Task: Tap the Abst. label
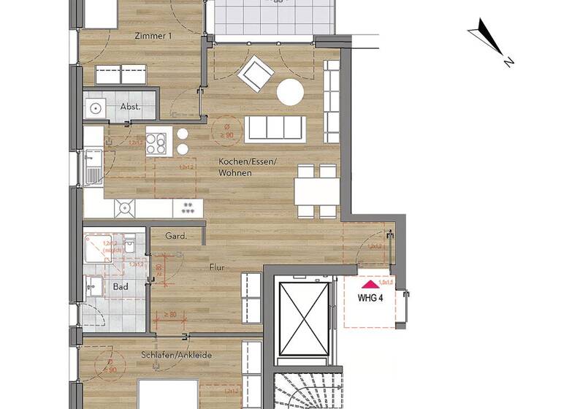(x=130, y=107)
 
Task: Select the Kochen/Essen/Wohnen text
(x=247, y=167)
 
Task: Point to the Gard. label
(x=176, y=237)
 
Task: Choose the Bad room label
(x=121, y=287)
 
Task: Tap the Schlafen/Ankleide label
(x=176, y=355)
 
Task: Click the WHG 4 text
(x=370, y=298)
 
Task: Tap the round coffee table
(x=290, y=92)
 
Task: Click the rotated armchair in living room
(x=257, y=74)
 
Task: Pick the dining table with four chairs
(x=316, y=191)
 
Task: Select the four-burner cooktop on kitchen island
(x=157, y=140)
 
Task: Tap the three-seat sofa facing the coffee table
(x=275, y=128)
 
